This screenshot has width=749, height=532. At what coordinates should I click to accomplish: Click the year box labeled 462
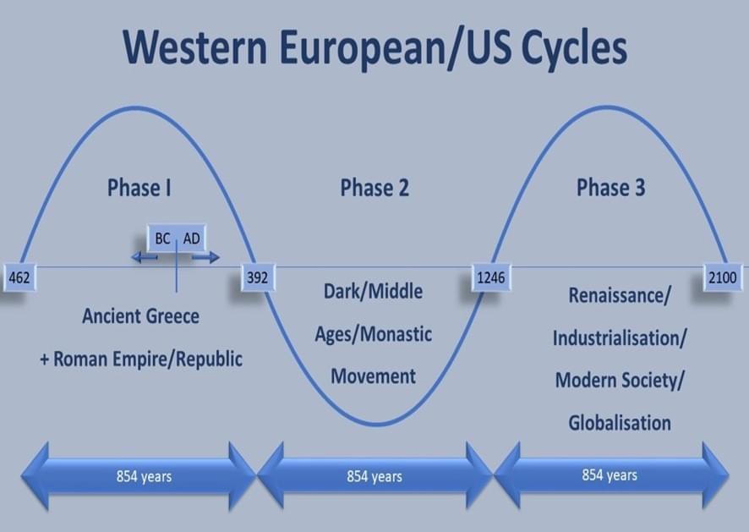point(19,277)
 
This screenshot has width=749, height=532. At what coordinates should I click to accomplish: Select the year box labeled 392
point(258,277)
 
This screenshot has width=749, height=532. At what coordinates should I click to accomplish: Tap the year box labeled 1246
point(491,277)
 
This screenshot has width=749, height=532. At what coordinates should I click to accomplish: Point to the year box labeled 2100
point(723,277)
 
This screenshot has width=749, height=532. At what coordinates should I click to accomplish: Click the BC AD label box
point(178,238)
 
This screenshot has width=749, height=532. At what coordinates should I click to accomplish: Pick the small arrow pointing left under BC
point(145,258)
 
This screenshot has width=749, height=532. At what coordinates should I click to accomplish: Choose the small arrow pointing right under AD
point(206,258)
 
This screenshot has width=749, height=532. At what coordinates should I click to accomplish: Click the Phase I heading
point(139,188)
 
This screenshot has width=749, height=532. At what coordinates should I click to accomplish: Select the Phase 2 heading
point(374,188)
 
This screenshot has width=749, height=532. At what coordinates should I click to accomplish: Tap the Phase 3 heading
point(611,188)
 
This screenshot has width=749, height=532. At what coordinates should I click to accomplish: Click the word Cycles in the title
point(574,48)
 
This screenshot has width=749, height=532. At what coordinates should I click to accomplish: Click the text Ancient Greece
point(141,316)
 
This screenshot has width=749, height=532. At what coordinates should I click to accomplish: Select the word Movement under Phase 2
point(373,376)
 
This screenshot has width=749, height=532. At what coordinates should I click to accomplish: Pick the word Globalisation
point(620,423)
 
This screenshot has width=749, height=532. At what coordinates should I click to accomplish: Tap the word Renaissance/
point(620,295)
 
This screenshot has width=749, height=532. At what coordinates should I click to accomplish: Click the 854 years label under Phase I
point(144,476)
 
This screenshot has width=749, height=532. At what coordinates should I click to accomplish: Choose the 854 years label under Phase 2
point(374,476)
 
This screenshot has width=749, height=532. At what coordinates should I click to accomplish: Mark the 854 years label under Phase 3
point(610,475)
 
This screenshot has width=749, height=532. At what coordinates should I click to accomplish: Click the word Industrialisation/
point(620,338)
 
